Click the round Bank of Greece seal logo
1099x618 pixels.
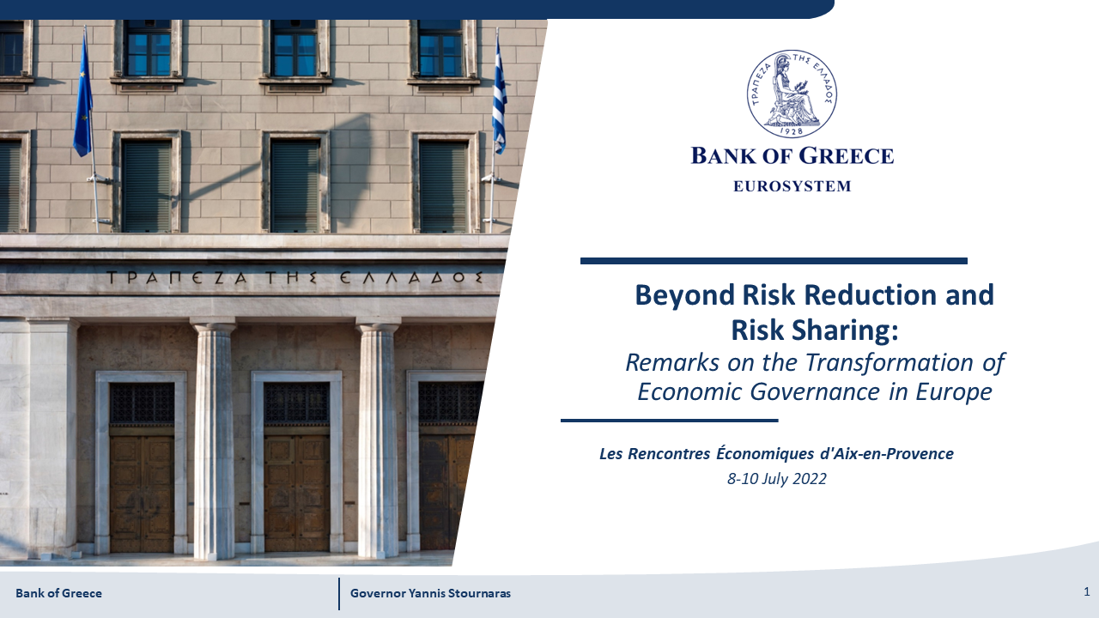click(x=792, y=94)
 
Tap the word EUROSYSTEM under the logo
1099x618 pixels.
click(x=792, y=186)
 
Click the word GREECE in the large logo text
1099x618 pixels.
click(x=846, y=156)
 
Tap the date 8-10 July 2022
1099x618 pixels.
click(x=777, y=479)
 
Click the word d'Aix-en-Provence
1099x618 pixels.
click(x=887, y=454)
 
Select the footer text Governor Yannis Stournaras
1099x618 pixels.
click(x=430, y=593)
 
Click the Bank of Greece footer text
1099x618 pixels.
click(x=59, y=593)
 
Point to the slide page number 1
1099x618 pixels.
click(x=1087, y=591)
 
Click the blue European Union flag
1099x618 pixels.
click(x=83, y=98)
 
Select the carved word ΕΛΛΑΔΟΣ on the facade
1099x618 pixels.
click(x=411, y=277)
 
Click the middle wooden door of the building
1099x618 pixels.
click(x=296, y=493)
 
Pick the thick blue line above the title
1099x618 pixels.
click(x=774, y=261)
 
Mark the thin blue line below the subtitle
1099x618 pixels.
click(x=669, y=421)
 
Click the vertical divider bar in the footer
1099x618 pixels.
click(x=339, y=594)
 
